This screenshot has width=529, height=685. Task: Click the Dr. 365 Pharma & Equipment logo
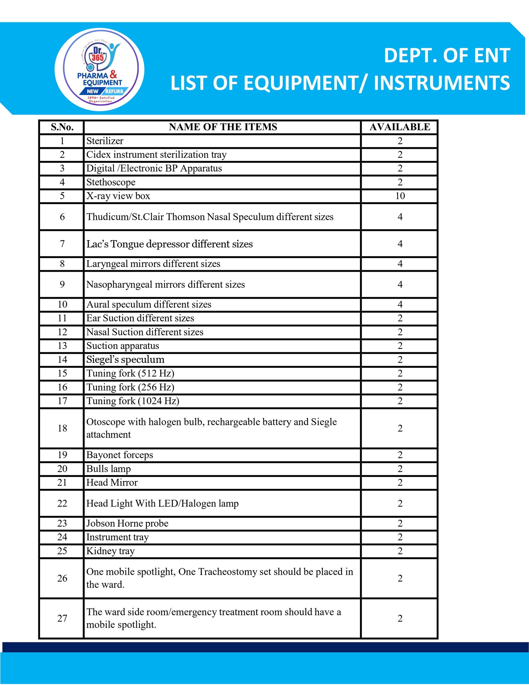pos(100,69)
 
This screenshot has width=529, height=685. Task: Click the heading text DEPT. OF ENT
pos(447,56)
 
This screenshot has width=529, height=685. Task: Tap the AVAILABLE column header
pos(400,127)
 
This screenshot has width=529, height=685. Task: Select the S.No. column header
pos(62,127)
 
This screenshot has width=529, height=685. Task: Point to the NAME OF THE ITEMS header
pos(223,127)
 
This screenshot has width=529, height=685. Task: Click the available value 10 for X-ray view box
pos(400,196)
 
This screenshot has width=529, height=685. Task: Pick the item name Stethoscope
pos(111,182)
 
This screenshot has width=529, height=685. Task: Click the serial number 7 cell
pos(62,244)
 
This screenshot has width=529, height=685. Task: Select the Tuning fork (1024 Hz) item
pos(133,401)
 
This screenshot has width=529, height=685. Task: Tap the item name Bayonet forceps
pos(120,455)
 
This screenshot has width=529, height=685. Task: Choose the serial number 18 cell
pos(62,428)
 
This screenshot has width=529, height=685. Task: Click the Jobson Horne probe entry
pos(127,523)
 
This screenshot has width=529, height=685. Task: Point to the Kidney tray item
pos(110,551)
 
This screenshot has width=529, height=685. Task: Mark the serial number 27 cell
pos(62,618)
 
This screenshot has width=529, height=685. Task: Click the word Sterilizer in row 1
pos(105,141)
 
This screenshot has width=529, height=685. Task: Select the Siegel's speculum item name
pos(125,360)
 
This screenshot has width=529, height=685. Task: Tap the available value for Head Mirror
pos(400,483)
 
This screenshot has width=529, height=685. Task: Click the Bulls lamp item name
pos(108,469)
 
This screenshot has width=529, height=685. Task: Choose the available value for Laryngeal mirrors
pos(400,264)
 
